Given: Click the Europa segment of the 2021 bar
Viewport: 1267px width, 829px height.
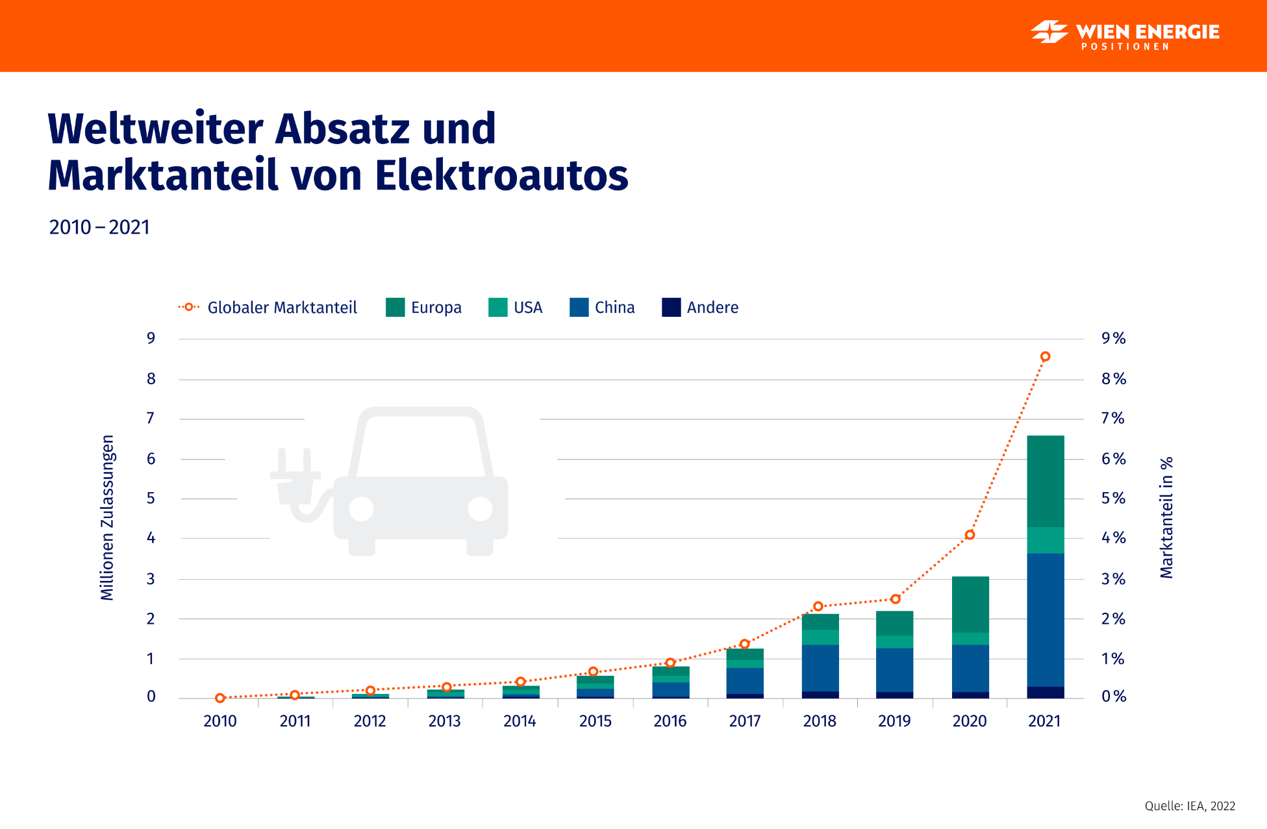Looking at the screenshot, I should pos(1045,481).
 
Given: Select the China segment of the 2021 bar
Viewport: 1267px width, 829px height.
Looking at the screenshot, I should pos(1045,619).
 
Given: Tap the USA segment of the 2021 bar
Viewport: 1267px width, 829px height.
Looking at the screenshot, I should pos(1045,540).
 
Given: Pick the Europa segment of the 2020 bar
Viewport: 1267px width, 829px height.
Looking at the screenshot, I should pos(970,604).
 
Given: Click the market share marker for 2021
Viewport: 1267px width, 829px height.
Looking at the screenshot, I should pos(1045,356).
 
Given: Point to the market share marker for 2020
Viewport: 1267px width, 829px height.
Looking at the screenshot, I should pos(970,535).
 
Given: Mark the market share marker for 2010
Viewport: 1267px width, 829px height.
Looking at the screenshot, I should pos(220,698).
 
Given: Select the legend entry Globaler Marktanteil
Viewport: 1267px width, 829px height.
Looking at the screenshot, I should pos(268,307).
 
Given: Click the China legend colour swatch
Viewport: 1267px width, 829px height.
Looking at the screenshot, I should pos(579,307).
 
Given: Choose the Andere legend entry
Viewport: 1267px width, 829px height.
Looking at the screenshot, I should pos(699,307).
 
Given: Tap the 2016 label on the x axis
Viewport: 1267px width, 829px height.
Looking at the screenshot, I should pos(670,721).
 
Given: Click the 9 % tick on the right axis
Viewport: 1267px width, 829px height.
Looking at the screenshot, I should pos(1113,338).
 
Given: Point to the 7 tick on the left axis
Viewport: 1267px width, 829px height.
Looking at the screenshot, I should pos(151,418).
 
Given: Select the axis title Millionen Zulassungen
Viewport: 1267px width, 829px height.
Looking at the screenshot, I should pos(107,517).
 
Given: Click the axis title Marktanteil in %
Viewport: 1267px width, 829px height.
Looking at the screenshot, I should pos(1166,517).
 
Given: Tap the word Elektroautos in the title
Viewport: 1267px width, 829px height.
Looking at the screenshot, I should pos(501,175).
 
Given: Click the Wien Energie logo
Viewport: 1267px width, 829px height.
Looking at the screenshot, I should pos(1125,34).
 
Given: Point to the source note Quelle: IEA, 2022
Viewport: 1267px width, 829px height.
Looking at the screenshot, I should pos(1189,806).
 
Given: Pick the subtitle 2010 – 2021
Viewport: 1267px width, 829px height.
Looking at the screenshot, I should pos(99,227).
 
